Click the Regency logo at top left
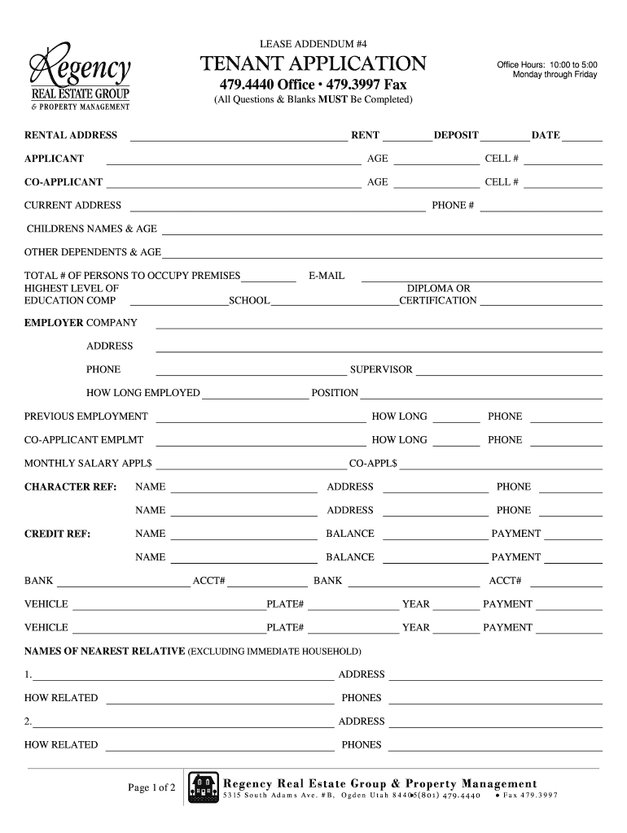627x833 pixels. pyautogui.click(x=79, y=78)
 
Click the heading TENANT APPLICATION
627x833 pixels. pyautogui.click(x=313, y=63)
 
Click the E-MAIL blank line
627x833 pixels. pyautogui.click(x=480, y=279)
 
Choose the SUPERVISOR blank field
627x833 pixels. pyautogui.click(x=509, y=373)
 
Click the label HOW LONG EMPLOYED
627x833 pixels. pyautogui.click(x=143, y=393)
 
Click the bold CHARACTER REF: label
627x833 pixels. pyautogui.click(x=71, y=487)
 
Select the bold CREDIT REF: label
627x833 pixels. pyautogui.click(x=57, y=534)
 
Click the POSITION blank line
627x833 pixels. pyautogui.click(x=480, y=397)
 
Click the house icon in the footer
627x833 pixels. pyautogui.click(x=204, y=787)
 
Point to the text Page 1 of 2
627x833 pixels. pyautogui.click(x=151, y=787)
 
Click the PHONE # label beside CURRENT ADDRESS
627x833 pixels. pyautogui.click(x=453, y=206)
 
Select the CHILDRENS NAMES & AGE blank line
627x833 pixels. pyautogui.click(x=381, y=233)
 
